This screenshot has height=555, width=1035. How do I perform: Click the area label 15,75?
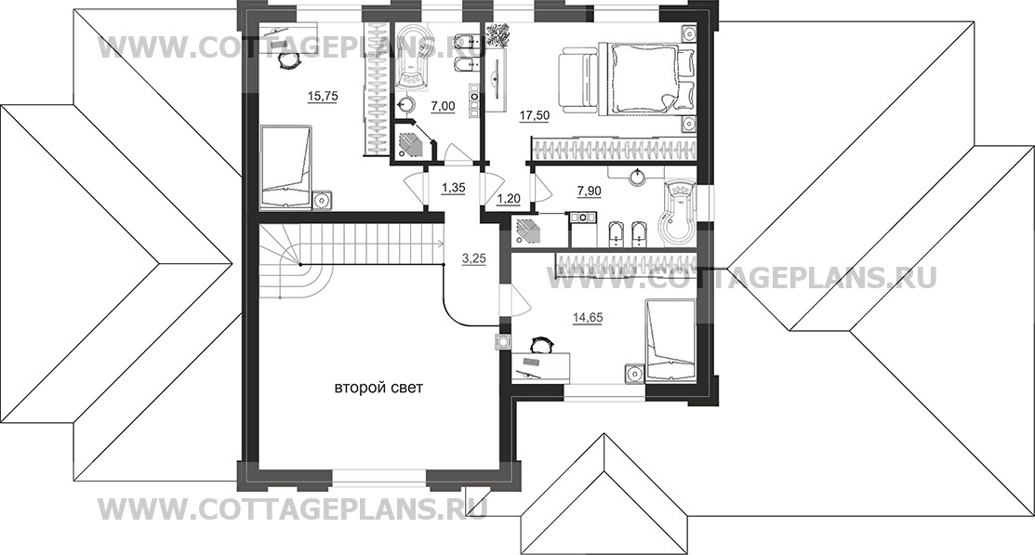point(323,97)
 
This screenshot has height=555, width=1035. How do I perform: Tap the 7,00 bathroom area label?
point(443,106)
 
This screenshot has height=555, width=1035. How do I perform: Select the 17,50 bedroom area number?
point(535,115)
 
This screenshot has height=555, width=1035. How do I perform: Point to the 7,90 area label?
point(590,191)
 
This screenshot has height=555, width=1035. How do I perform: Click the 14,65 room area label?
point(588,317)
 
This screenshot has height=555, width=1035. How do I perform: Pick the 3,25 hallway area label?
point(474,258)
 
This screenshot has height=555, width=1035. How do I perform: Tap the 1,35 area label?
point(454,188)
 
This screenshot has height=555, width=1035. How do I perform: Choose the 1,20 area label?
point(509,197)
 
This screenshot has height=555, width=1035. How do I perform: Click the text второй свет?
point(378,388)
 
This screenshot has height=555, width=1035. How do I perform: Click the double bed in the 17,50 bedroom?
point(647,77)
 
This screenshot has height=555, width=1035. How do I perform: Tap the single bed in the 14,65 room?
point(670,340)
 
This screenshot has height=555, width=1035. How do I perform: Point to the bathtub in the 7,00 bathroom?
point(413,59)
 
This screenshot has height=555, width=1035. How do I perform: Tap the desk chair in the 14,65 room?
point(541,345)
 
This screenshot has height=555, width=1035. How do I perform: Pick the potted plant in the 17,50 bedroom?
point(501,35)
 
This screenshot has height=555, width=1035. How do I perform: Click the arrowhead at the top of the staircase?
point(439,243)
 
